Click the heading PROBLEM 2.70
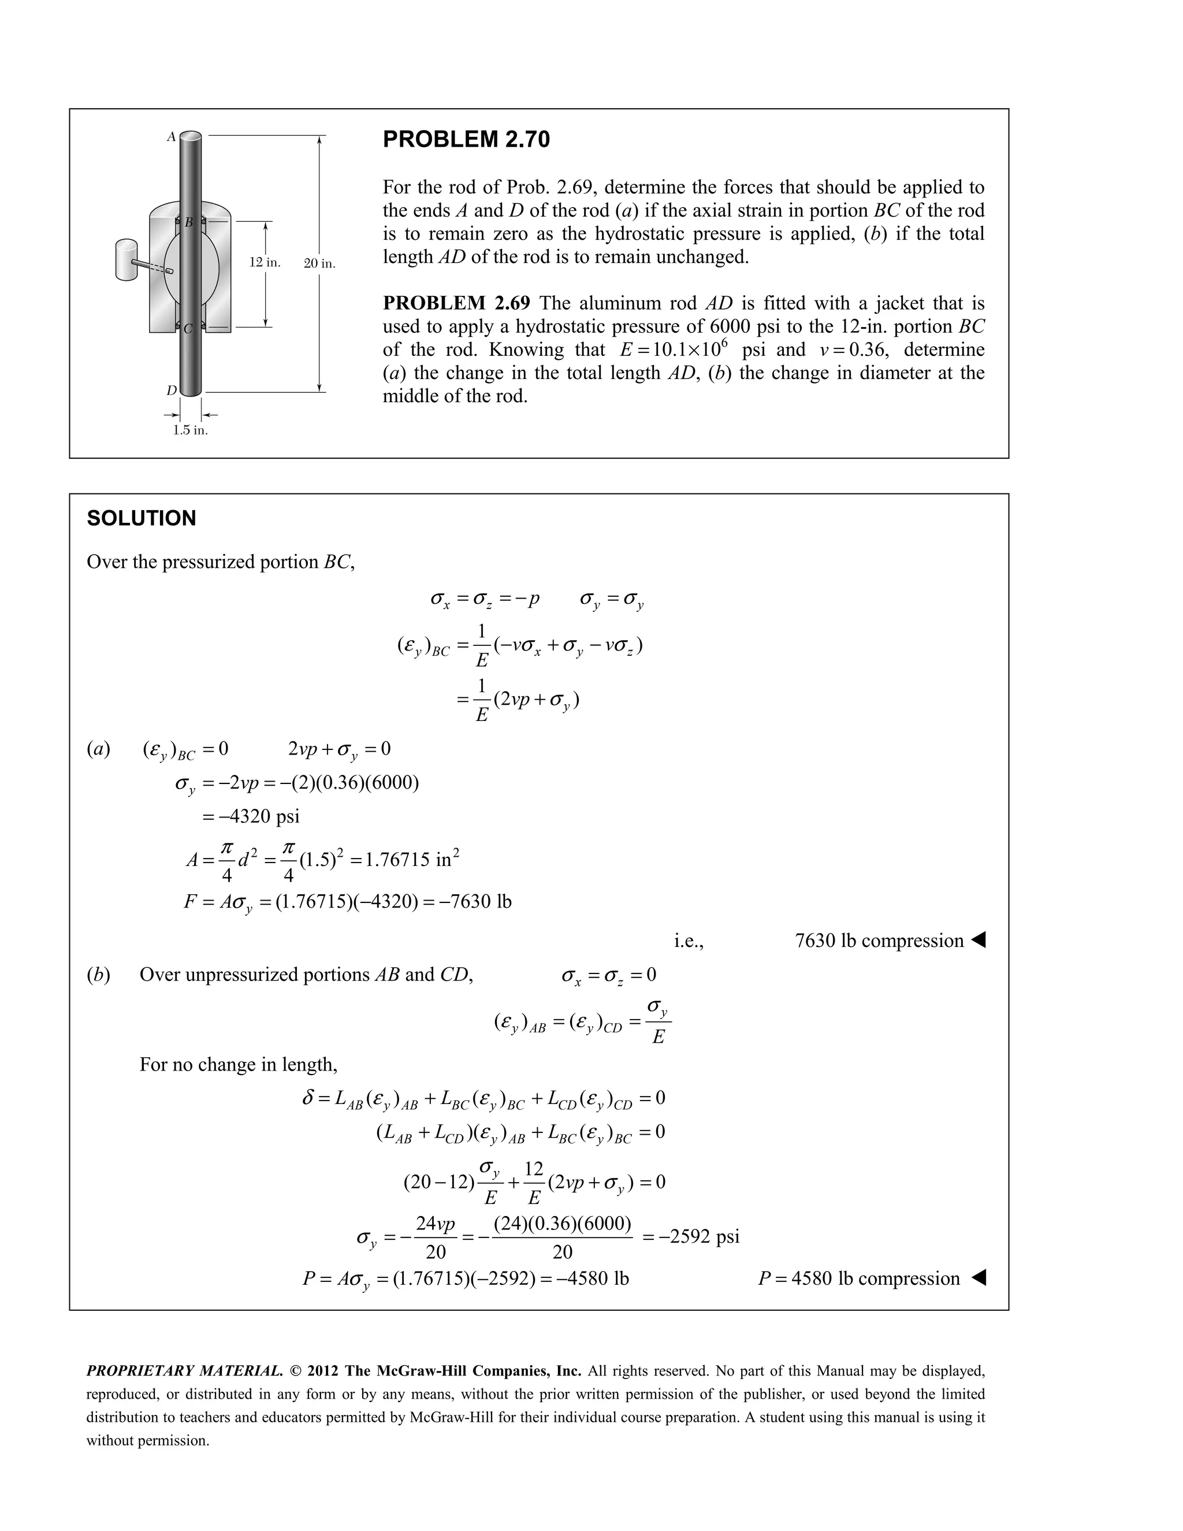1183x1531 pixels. tap(466, 139)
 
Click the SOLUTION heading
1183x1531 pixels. tap(141, 518)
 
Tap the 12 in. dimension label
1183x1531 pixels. tap(265, 262)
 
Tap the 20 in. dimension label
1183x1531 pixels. tap(319, 263)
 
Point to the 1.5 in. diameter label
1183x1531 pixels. tap(190, 430)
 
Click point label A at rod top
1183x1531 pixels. tap(170, 138)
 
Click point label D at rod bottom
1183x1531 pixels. tap(171, 391)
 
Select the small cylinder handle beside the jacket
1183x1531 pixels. tap(126, 260)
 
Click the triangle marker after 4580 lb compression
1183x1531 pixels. tap(979, 1278)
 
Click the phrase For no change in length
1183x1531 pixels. tap(239, 1064)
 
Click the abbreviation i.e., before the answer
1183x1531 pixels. tap(688, 942)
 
